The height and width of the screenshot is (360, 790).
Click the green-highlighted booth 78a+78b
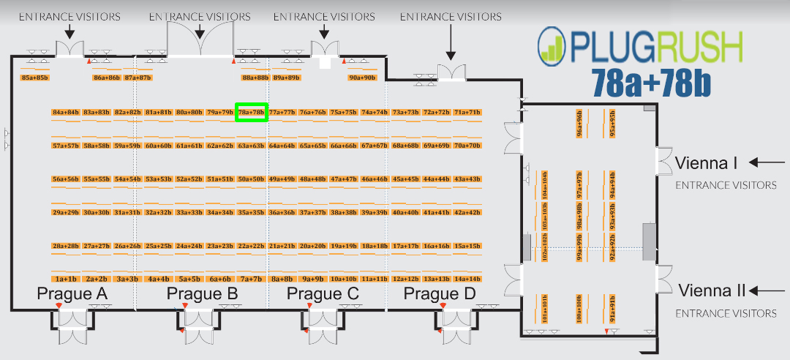[252, 112]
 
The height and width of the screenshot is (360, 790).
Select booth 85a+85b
[35, 77]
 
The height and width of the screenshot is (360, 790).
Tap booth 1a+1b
[66, 279]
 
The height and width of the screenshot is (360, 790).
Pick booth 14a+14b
[467, 279]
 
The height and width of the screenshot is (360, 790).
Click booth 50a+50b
[251, 179]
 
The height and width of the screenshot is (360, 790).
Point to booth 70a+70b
[467, 146]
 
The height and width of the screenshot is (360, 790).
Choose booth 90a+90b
[362, 77]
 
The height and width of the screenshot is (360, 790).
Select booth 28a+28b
[66, 246]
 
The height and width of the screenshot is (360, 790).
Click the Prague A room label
[72, 294]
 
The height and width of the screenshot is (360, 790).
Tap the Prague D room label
[440, 294]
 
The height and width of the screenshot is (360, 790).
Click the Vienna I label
[706, 162]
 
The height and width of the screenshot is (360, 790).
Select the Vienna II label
[712, 290]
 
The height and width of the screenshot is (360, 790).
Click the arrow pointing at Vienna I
[767, 162]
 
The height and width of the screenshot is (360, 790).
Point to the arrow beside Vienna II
[770, 290]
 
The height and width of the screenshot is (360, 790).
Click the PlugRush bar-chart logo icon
[553, 44]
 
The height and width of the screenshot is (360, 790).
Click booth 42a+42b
[467, 212]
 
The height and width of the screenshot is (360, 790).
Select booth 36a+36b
[282, 212]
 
